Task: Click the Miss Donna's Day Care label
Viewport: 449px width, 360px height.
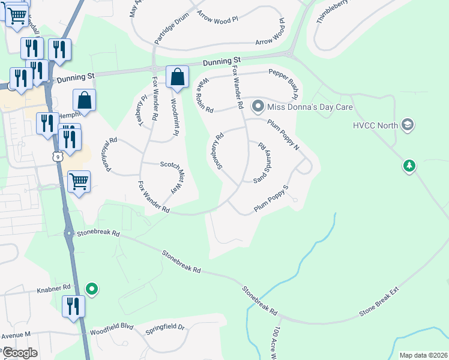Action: pos(310,107)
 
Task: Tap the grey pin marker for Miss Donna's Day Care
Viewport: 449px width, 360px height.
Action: pos(259,107)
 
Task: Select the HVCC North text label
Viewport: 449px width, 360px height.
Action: pos(375,125)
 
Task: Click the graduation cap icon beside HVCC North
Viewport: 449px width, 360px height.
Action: pos(408,124)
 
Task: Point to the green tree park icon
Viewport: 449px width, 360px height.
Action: pos(409,165)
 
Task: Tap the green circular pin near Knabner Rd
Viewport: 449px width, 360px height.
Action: pos(91,290)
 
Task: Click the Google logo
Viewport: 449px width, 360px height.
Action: pos(19,353)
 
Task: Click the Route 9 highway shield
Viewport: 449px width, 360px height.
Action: pos(57,157)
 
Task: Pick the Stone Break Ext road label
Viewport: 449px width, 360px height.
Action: pos(379,305)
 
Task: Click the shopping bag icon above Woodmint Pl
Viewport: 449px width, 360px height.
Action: pos(177,77)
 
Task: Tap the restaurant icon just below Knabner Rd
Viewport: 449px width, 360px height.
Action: pos(74,306)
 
